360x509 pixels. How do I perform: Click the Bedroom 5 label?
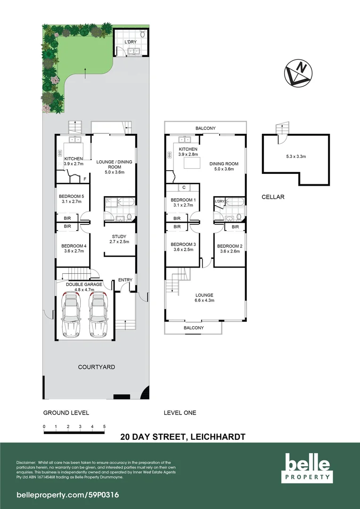[x=71, y=196]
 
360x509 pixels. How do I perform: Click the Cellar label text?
[x=273, y=197]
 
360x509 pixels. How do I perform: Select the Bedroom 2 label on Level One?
[x=229, y=246]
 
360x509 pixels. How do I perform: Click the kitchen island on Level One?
[x=192, y=164]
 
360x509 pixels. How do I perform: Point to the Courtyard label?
[x=96, y=367]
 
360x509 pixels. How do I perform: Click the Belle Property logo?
[x=306, y=467]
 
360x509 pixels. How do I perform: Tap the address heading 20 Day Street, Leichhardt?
[x=182, y=436]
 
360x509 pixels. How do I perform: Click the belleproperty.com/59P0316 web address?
[x=61, y=495]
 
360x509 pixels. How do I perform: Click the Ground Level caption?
[x=66, y=413]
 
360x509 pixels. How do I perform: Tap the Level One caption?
[x=180, y=413]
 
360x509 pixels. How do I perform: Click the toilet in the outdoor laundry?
[x=142, y=35]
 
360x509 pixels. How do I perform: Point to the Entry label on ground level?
[x=125, y=280]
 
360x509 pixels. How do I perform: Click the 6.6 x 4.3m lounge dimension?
[x=205, y=300]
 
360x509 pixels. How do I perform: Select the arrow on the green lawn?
[x=85, y=72]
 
